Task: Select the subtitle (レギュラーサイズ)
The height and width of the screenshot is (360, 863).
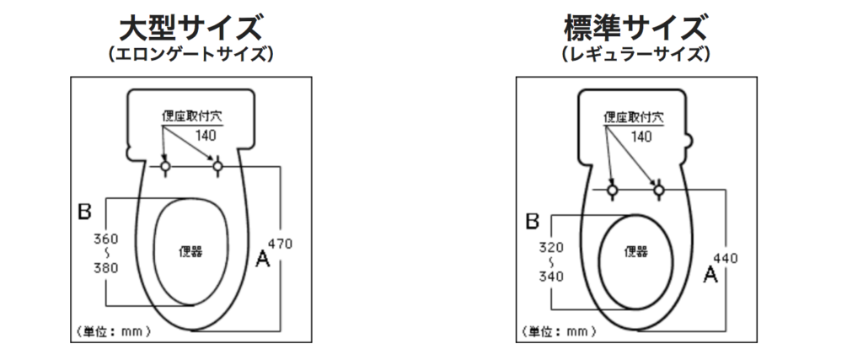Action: (x=635, y=55)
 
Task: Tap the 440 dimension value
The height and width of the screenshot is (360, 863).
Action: (x=725, y=258)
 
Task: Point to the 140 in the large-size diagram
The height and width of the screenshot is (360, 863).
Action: (x=206, y=135)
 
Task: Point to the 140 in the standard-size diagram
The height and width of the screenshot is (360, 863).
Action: (x=641, y=136)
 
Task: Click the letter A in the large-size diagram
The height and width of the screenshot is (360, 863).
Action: (x=264, y=260)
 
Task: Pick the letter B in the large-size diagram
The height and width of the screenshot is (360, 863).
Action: (x=84, y=212)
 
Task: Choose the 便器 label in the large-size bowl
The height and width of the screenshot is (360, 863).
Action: (x=192, y=250)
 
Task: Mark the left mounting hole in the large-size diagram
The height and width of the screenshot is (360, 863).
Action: (x=166, y=167)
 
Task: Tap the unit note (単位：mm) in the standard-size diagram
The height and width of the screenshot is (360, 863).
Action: (x=557, y=331)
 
